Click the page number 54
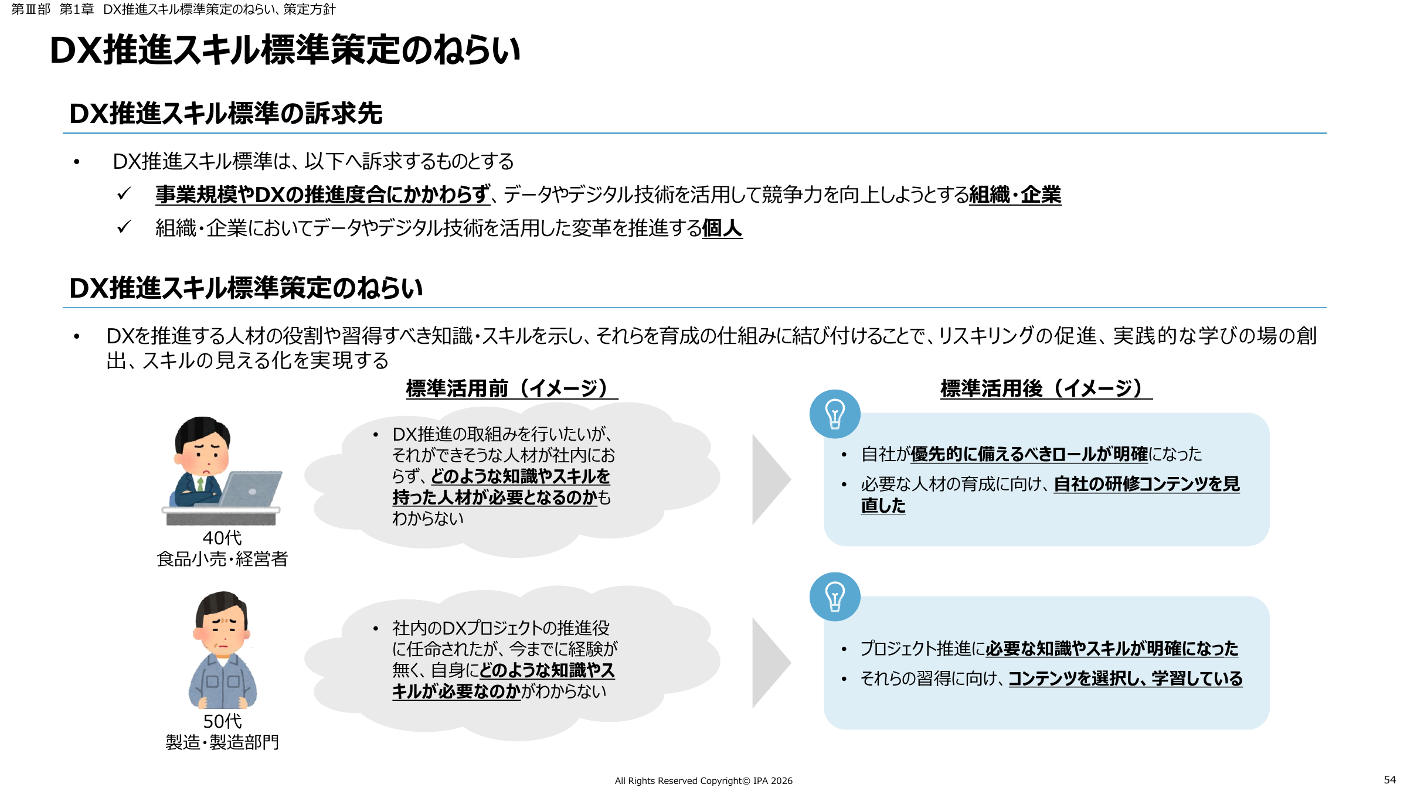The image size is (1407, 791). coord(1389,779)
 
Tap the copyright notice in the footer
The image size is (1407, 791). coord(704,780)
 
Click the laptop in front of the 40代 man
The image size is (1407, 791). coord(249,490)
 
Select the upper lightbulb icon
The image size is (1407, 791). coord(835,414)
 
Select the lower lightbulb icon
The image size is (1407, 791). coord(835,596)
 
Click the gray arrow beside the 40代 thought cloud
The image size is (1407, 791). coord(771,479)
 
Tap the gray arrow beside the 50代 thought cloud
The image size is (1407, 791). coord(771,663)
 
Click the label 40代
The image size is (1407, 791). coord(222,538)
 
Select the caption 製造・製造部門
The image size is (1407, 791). coord(222,742)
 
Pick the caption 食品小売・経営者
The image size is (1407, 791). coord(222,559)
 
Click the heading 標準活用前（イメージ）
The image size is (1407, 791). coord(511,388)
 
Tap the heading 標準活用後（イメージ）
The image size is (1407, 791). coord(1046,388)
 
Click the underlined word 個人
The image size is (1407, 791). coord(722,228)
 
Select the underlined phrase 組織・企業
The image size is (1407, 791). coord(1015,195)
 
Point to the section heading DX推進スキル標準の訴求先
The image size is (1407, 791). coord(226,114)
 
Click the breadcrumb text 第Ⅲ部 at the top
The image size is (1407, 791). coord(30,9)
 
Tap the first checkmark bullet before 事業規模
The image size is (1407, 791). coord(124,193)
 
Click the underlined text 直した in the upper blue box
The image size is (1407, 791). coord(883,506)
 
